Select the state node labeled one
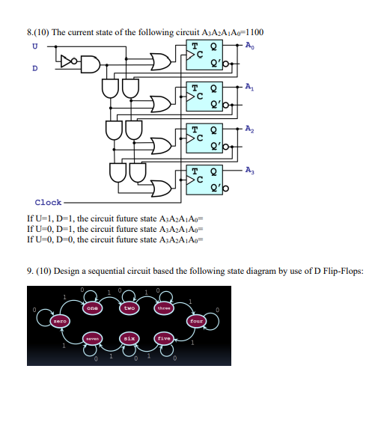click(93, 308)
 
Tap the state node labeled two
click(129, 308)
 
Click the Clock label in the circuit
click(49, 202)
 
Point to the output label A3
click(249, 171)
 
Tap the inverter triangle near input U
click(70, 58)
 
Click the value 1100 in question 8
click(253, 31)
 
